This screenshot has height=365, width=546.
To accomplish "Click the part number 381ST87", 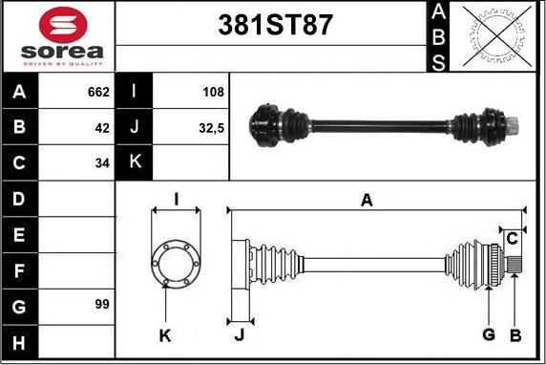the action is (275, 25).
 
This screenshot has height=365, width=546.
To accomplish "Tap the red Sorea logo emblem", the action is (63, 25).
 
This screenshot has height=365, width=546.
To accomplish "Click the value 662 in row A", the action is (98, 92).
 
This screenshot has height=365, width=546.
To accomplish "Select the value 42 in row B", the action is (102, 128).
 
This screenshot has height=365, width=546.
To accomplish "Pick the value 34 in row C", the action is (102, 162).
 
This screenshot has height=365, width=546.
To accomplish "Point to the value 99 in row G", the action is (102, 304).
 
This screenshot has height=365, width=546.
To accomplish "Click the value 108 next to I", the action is (213, 92).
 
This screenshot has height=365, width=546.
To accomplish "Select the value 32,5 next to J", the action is (211, 128).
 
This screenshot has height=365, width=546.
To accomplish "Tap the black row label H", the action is (19, 343).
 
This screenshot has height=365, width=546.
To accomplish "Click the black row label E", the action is (19, 235).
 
